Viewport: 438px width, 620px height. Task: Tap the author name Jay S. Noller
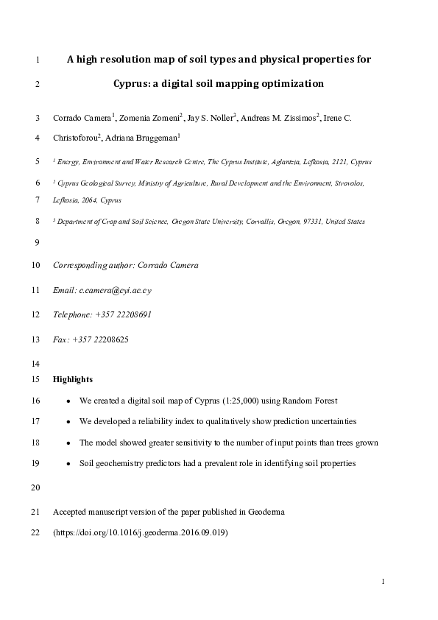210,118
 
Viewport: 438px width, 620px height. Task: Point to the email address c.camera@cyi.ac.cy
115,291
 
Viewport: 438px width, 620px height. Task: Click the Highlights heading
73,380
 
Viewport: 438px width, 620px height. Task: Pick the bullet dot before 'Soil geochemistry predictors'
68,464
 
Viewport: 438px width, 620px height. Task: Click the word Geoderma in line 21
264,510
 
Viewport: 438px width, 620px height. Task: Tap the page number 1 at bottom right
384,582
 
